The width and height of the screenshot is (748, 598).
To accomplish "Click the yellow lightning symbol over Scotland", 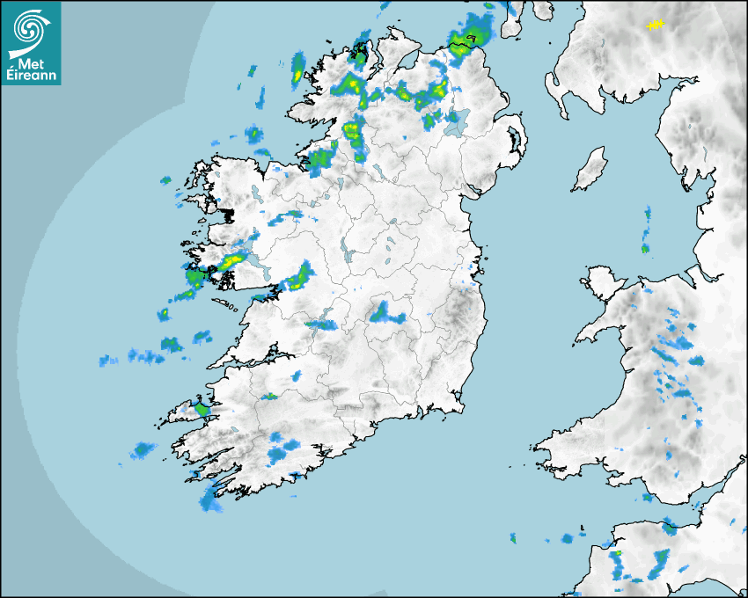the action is coord(654,26).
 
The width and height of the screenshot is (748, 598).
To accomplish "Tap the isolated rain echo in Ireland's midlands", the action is coord(384,312).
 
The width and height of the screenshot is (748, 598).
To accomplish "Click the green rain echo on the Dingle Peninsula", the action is coord(203,409).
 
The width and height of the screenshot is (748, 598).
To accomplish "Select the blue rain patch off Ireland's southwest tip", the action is coord(210,500).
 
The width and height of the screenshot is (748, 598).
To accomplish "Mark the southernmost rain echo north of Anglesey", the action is coord(645,249).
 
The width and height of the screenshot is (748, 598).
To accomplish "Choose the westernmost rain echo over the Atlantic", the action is coord(108,361).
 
